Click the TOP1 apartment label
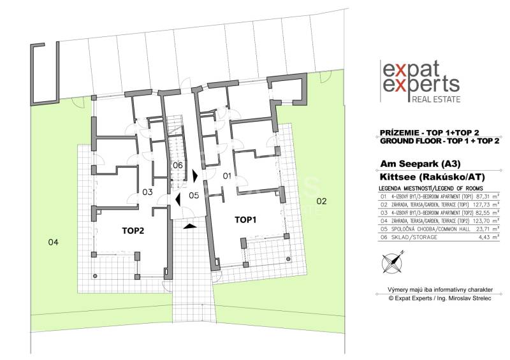[x=245, y=219]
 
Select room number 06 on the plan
[x=178, y=165]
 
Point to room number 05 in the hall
[x=194, y=195]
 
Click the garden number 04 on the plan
[x=54, y=242]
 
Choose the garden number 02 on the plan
[x=321, y=201]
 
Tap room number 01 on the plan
[x=224, y=175]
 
